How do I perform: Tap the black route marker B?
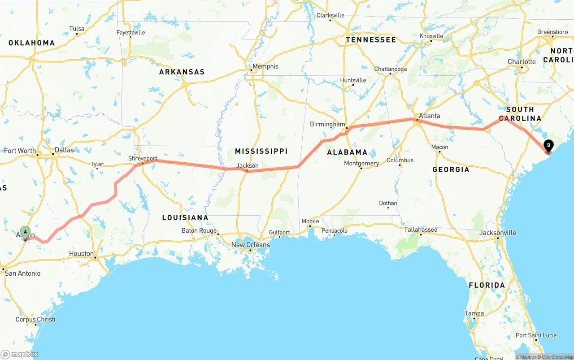548,145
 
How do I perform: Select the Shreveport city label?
143,159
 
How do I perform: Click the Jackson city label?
248,166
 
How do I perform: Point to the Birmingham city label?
327,124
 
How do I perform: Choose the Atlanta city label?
429,116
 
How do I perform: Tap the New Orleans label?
251,245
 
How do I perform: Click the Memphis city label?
265,66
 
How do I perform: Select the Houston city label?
81,253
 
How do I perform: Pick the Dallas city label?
64,150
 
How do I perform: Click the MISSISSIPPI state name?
261,151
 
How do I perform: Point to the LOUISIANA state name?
185,217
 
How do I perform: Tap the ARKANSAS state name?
182,72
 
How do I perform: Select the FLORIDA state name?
487,285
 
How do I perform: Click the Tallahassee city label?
421,230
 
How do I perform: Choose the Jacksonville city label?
498,233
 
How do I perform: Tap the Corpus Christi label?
35,320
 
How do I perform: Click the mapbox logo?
20,354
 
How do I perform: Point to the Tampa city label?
474,313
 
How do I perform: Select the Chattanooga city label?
391,69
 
